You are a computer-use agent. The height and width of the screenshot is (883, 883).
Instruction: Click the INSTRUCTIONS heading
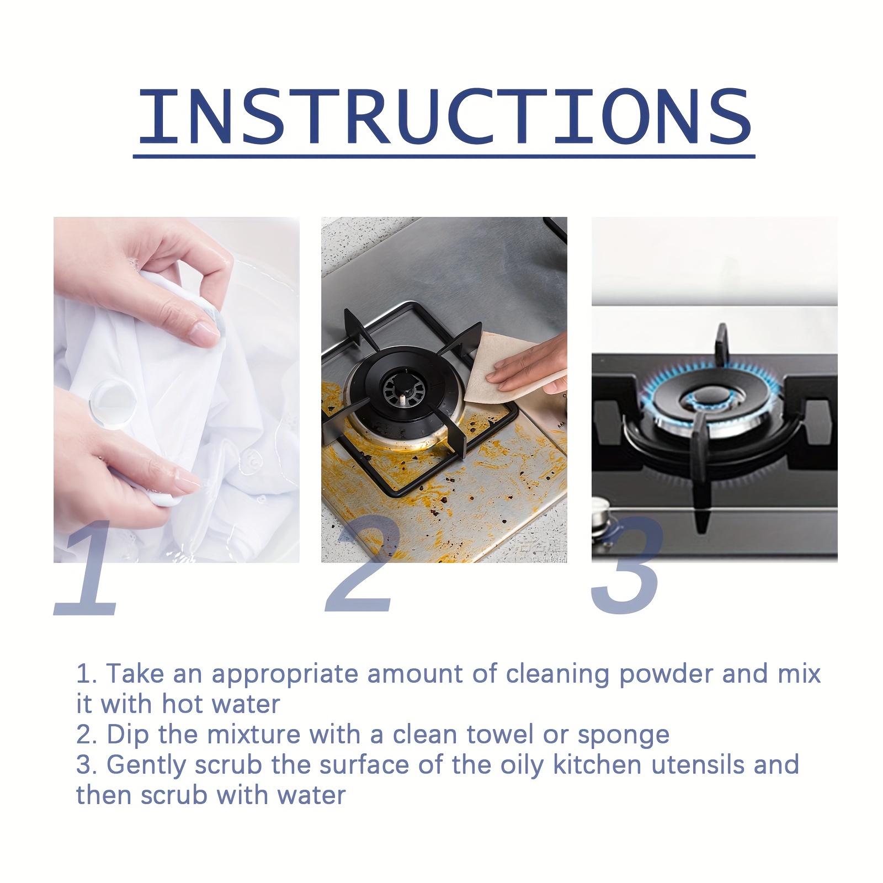click(x=444, y=117)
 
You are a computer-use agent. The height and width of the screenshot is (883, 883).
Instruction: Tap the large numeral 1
click(x=88, y=571)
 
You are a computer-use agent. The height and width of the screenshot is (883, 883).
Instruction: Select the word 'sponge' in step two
click(x=623, y=735)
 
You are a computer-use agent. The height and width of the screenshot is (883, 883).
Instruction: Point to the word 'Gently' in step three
click(x=147, y=765)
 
